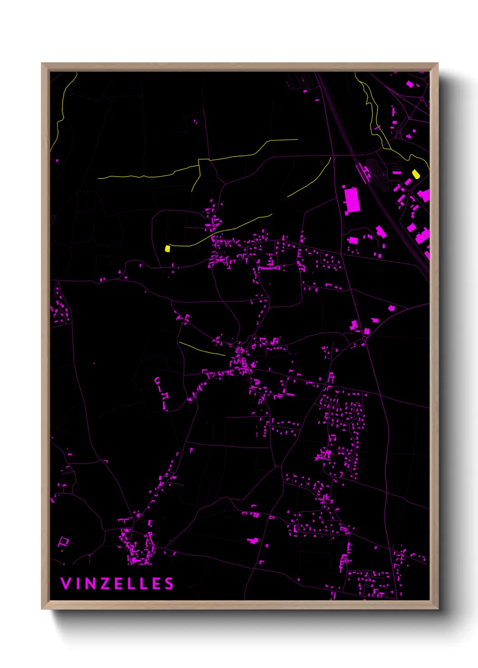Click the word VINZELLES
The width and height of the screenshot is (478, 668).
point(117,584)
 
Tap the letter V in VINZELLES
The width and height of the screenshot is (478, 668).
point(66,584)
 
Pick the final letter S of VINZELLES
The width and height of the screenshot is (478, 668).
point(169,584)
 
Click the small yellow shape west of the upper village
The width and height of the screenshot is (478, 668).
point(168,248)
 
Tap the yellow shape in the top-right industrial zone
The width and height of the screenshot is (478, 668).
point(416,174)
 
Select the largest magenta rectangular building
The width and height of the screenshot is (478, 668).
point(352,200)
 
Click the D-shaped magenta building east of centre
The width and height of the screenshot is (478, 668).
point(391,308)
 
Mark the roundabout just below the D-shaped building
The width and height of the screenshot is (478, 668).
point(365,339)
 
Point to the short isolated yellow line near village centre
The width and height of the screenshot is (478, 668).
point(202,348)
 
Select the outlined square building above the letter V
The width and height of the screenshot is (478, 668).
point(64,541)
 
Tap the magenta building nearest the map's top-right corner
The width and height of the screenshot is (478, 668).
point(410,84)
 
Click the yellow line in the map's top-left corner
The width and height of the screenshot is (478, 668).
point(63,108)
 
